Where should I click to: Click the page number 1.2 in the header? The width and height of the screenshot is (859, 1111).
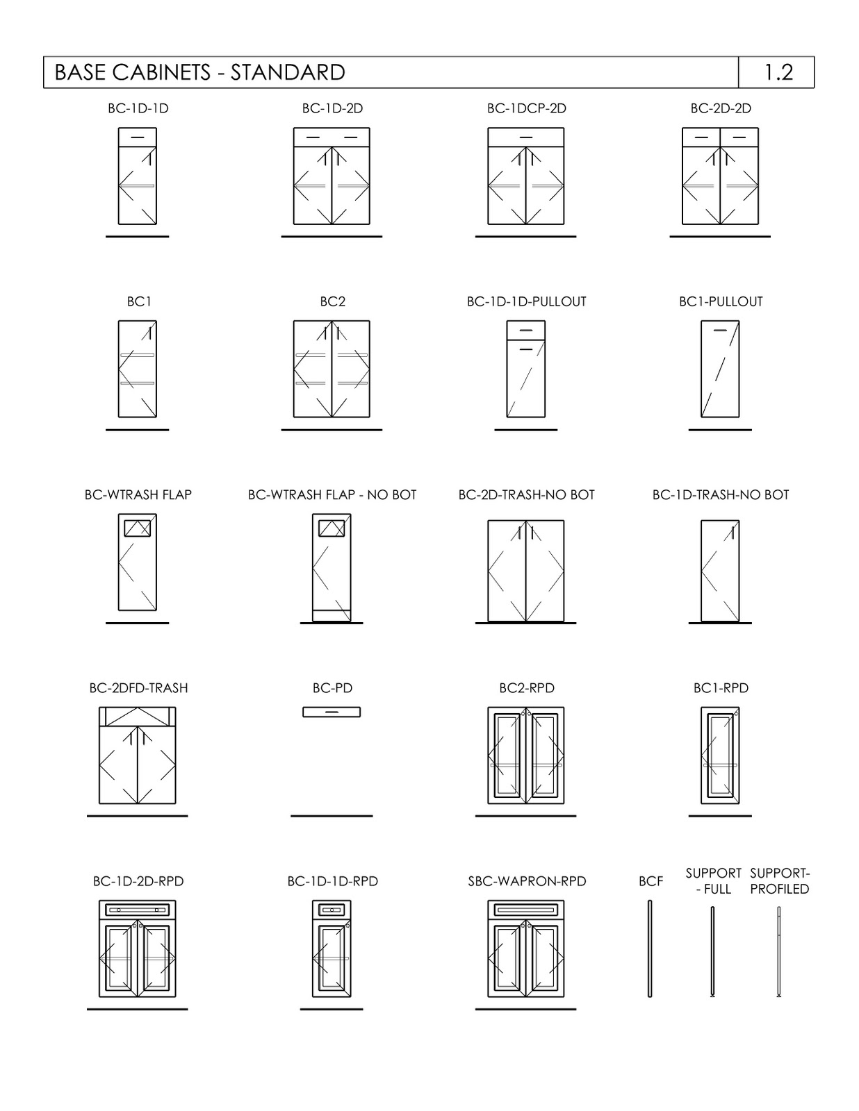778,72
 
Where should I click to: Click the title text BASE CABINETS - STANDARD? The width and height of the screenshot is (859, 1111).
199,72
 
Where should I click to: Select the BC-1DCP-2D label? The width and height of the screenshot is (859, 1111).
526,108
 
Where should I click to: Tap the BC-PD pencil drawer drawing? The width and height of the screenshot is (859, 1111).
332,712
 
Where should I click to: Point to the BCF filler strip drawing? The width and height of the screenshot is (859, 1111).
650,949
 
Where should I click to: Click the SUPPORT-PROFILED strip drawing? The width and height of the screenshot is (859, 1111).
779,951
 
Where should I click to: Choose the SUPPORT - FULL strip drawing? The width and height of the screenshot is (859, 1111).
712,951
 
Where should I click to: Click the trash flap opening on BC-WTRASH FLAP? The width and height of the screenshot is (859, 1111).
137,528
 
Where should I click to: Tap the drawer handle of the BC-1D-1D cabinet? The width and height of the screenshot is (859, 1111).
137,137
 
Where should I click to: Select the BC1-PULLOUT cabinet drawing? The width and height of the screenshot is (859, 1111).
720,369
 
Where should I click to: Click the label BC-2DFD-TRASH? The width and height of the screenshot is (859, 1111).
138,688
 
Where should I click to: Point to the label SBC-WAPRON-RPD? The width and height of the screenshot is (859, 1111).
527,881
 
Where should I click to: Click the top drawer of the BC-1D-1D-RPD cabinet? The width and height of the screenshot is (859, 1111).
332,910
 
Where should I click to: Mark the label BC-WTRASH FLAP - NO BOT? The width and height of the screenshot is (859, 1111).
332,495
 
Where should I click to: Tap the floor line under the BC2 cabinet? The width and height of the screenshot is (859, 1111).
332,430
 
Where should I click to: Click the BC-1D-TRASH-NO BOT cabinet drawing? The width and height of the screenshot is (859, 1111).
720,571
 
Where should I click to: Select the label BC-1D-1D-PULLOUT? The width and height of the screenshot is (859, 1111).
526,302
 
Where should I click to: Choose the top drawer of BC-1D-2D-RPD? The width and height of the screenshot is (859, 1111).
137,910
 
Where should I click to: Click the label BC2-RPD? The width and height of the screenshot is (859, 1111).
526,688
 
